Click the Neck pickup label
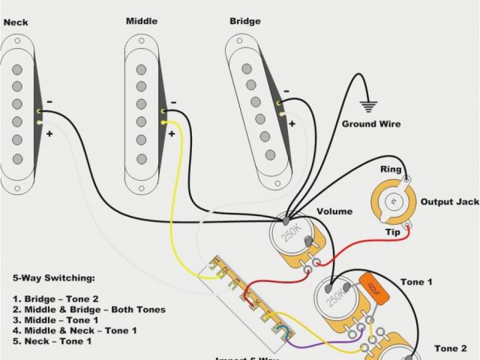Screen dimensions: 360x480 click(x=16, y=22)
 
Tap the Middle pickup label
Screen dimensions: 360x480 click(x=141, y=21)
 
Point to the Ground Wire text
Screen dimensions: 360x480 click(x=370, y=124)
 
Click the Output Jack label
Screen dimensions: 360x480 click(x=449, y=202)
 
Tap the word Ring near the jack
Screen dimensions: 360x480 click(x=390, y=170)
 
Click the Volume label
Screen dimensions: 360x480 click(x=334, y=212)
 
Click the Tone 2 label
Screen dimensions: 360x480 click(x=450, y=349)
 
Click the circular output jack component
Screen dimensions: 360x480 click(x=391, y=202)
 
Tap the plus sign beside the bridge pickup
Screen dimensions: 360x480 click(x=292, y=123)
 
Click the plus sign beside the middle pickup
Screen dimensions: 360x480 click(x=172, y=133)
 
